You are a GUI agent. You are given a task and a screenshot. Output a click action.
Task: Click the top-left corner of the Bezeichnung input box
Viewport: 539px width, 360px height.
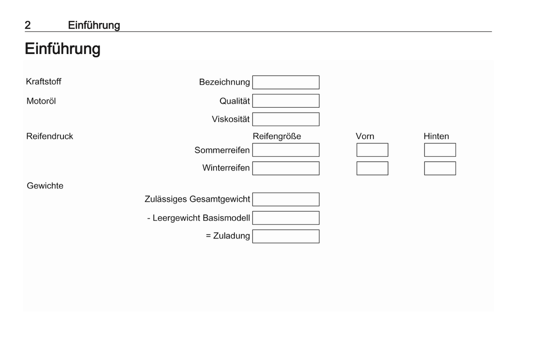[253, 76]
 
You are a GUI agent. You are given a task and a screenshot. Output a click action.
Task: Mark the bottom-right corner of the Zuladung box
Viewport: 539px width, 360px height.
[319, 243]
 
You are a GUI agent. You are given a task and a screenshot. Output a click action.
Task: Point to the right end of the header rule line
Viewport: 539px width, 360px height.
[492, 32]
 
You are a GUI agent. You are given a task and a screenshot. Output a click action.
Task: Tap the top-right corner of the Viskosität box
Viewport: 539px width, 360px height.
[319, 113]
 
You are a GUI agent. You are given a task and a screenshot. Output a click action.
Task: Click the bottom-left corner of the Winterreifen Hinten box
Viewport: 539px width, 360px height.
[424, 175]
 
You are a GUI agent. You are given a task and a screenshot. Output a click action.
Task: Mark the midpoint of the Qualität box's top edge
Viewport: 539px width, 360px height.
[286, 94]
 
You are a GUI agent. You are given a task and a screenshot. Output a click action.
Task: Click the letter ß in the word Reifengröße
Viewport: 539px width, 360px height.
[294, 136]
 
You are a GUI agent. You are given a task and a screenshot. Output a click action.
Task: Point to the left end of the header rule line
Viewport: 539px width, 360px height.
[25, 32]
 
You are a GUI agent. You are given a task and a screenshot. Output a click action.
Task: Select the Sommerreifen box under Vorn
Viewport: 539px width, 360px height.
[372, 150]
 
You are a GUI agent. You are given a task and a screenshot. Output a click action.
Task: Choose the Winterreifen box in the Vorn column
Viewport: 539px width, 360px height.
[372, 168]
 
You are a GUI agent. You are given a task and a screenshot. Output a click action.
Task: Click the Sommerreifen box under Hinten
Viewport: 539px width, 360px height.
[440, 150]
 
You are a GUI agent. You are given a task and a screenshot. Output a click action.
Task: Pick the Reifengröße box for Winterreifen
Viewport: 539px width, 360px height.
[286, 168]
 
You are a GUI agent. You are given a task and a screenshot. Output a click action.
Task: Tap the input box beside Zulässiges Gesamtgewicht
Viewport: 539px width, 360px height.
[286, 199]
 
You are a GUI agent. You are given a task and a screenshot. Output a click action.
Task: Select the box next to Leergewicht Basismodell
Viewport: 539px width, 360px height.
[286, 218]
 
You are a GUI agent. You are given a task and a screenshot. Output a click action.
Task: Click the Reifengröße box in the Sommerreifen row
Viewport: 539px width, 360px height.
[286, 150]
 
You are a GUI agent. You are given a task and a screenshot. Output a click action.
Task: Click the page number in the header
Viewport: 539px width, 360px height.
[28, 25]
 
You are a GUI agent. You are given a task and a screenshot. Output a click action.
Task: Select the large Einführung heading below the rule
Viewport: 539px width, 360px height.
[63, 49]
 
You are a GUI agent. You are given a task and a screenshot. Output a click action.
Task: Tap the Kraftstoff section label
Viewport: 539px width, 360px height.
[44, 82]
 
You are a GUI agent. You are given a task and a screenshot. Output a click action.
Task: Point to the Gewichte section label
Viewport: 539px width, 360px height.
[45, 186]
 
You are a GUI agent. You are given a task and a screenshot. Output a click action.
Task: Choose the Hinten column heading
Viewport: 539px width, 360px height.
[436, 136]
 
